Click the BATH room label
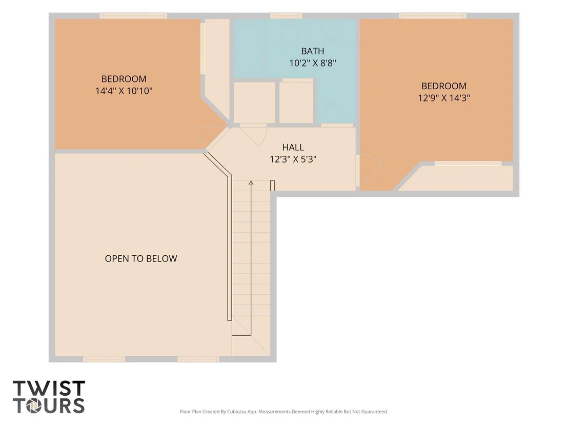(312, 51)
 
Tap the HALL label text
(293, 147)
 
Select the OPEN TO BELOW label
(141, 258)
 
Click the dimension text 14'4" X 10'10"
(124, 91)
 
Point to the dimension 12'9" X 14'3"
(444, 98)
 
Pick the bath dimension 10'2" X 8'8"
(313, 63)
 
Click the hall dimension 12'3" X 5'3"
(293, 159)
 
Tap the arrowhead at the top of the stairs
(251, 183)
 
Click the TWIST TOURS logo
(49, 397)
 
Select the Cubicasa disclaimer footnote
(283, 412)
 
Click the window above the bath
(286, 16)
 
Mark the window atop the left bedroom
(133, 16)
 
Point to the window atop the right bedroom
(433, 16)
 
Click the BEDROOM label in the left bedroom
(124, 79)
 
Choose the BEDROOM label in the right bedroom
(444, 86)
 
